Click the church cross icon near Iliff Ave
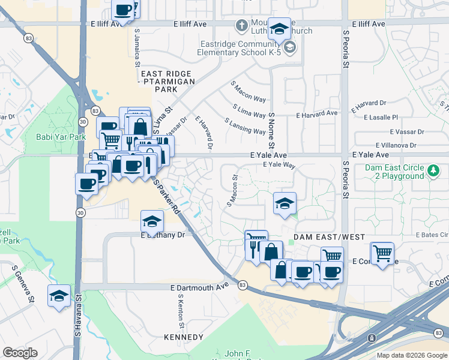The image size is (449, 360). coord(241,26)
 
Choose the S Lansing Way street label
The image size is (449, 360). coord(245,127)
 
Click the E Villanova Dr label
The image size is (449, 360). coord(396,145)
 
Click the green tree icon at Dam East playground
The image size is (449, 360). coord(433,172)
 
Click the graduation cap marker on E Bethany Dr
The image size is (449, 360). coord(152,223)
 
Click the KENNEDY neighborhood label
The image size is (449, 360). coord(183,337)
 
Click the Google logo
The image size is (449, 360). coord(20,352)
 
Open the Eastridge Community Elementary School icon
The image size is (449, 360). coord(291,47)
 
